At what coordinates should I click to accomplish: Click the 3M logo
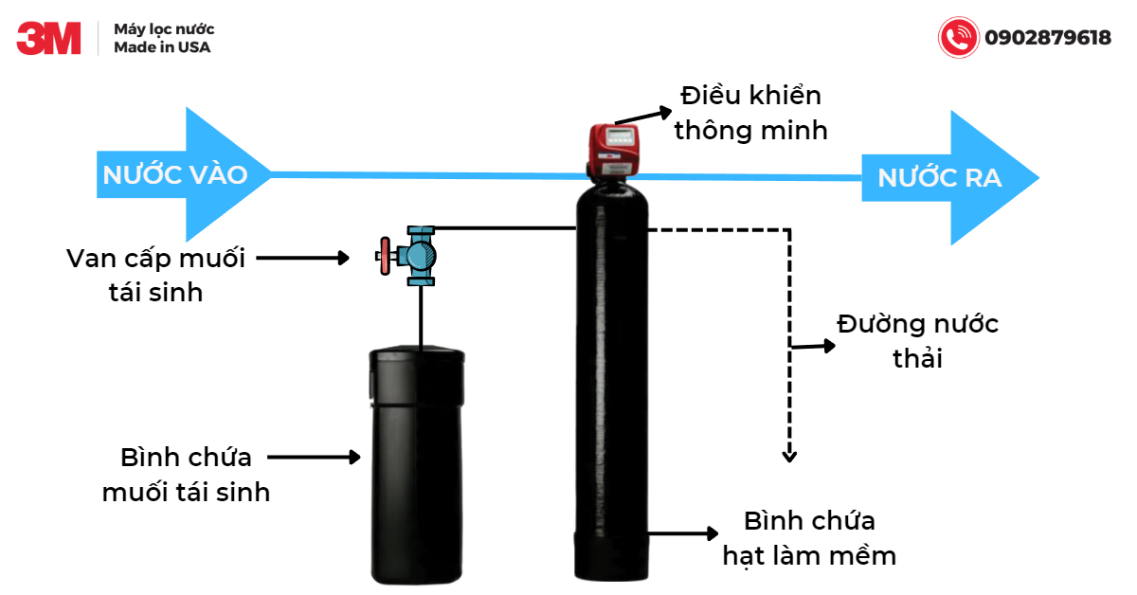tap(48, 39)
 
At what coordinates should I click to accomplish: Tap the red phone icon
tap(957, 38)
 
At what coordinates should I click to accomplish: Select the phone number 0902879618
tap(1047, 39)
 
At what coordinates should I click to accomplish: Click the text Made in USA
tap(162, 47)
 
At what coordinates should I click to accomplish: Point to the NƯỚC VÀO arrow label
tap(175, 175)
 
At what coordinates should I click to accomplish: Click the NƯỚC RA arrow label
tap(938, 178)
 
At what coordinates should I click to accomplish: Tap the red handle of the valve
tap(384, 257)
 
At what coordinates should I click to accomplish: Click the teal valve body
tap(417, 256)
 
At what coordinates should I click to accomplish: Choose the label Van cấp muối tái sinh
tap(156, 275)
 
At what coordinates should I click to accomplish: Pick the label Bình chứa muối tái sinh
tap(186, 475)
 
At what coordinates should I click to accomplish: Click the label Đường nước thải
tap(917, 341)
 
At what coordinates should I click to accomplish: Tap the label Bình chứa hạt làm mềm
tap(809, 538)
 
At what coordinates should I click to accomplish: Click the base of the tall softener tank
tap(611, 554)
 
